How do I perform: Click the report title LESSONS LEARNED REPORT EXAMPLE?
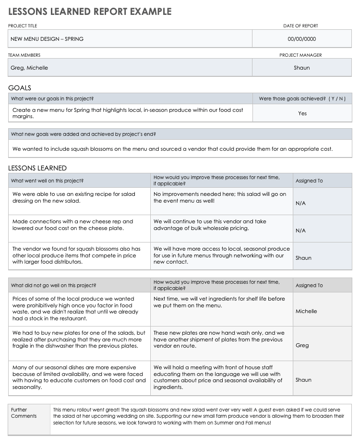pyautogui.click(x=90, y=12)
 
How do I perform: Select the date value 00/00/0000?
pyautogui.click(x=301, y=39)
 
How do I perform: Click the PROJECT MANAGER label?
pyautogui.click(x=300, y=55)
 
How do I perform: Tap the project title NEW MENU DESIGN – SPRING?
pyautogui.click(x=47, y=39)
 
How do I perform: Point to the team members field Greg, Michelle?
pyautogui.click(x=29, y=68)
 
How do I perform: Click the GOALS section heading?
pyautogui.click(x=20, y=88)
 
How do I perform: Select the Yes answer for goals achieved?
pyautogui.click(x=302, y=113)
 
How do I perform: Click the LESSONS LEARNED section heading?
pyautogui.click(x=37, y=168)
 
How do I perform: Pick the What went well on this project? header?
pyautogui.click(x=47, y=181)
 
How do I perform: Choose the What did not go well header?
pyautogui.click(x=53, y=285)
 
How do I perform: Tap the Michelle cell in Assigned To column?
pyautogui.click(x=306, y=311)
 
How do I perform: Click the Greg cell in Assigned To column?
pyautogui.click(x=302, y=345)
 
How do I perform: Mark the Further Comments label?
pyautogui.click(x=24, y=413)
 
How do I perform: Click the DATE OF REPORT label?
pyautogui.click(x=300, y=26)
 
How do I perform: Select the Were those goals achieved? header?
pyautogui.click(x=302, y=98)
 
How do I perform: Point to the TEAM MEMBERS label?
pyautogui.click(x=24, y=55)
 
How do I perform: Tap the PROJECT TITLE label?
pyautogui.click(x=23, y=26)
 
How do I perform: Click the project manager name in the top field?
pyautogui.click(x=302, y=68)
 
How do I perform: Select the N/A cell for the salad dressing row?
pyautogui.click(x=300, y=203)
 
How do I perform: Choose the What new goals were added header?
pyautogui.click(x=83, y=134)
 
